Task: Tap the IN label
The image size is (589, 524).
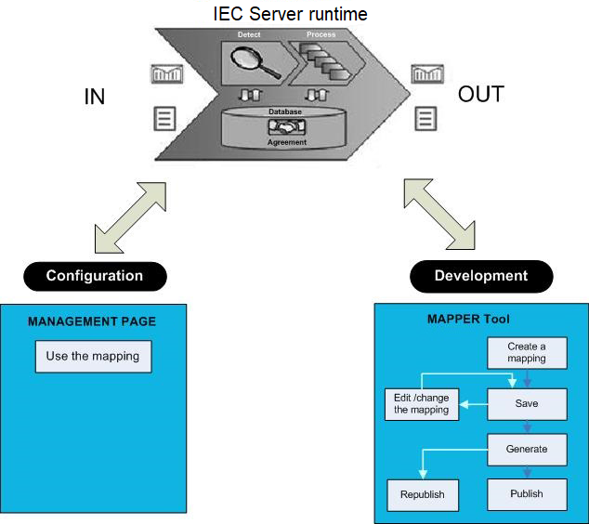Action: pos(94,97)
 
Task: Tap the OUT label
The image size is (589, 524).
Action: pos(480,94)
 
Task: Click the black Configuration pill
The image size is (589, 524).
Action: pos(95,276)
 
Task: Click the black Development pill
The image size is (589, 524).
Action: pos(480,276)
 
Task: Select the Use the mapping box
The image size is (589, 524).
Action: pos(92,356)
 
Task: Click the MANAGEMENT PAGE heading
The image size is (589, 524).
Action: pos(92,321)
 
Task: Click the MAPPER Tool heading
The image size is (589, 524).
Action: pos(468,319)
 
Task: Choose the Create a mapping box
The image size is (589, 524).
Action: pos(527,353)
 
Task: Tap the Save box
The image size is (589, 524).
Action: pos(527,403)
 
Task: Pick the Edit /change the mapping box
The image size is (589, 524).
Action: pos(422,403)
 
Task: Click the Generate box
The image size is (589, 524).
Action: pos(527,449)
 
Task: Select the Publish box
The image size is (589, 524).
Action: pos(527,493)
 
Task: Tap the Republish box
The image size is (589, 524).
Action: pos(422,494)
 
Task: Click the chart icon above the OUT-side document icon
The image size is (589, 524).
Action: pos(426,73)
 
